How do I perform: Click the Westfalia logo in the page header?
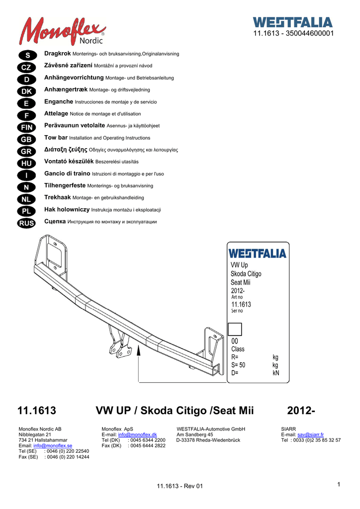click(292, 22)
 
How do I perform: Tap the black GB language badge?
click(26, 139)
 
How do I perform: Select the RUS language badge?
click(26, 223)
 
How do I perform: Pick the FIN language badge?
click(26, 127)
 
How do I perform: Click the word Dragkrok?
click(58, 53)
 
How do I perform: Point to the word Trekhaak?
click(58, 197)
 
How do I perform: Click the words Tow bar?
click(56, 138)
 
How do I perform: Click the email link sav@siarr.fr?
click(310, 434)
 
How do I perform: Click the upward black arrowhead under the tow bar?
click(139, 352)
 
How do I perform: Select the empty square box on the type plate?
click(234, 329)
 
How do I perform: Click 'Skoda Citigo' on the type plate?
click(246, 274)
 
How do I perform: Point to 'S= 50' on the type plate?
click(239, 365)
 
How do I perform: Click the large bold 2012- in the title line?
click(301, 411)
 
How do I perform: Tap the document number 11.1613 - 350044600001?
click(293, 33)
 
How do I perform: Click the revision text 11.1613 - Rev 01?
click(180, 486)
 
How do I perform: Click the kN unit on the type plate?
click(276, 373)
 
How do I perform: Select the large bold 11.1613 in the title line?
click(37, 411)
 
